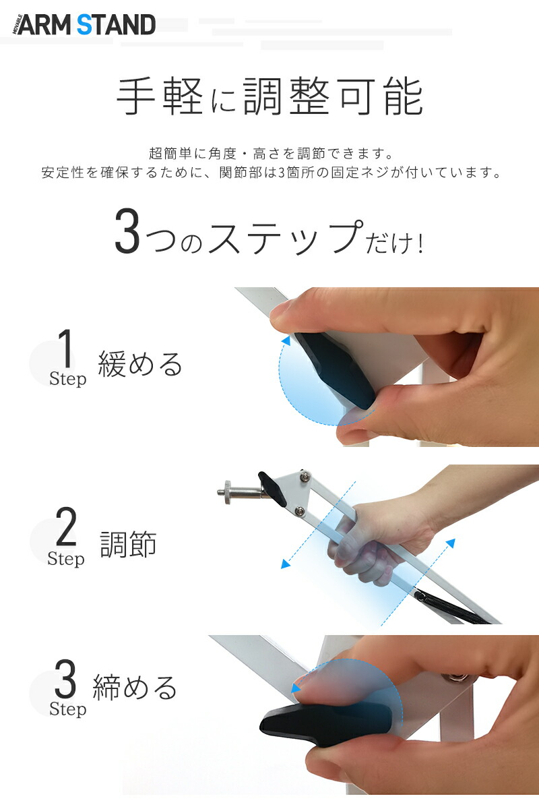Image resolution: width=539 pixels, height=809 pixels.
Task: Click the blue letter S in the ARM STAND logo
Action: coord(85,24)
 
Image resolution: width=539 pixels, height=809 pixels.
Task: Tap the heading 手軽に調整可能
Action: coord(269,96)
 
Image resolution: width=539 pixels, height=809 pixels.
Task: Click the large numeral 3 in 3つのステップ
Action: coord(127,231)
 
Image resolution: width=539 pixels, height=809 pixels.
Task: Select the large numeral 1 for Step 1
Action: coord(65,348)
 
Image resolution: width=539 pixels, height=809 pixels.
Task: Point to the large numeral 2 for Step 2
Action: coord(66,526)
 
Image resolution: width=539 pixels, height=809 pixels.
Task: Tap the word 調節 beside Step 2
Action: coord(128,544)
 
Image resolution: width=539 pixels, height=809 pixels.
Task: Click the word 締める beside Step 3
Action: coord(135,686)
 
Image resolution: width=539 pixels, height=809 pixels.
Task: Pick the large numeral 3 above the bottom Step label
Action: coord(65,679)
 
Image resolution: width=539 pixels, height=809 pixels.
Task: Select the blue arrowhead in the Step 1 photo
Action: coord(286,341)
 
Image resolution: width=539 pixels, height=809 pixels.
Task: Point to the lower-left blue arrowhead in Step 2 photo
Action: coord(286,564)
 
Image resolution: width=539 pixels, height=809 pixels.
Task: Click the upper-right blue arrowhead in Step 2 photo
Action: coord(451,543)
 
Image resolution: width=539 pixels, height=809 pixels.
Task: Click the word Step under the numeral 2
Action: coord(66,558)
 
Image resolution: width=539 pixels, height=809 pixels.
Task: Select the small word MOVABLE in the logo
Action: coord(15,25)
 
